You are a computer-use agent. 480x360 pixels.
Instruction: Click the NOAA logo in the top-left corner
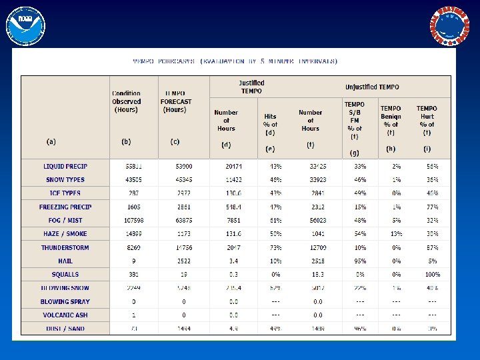(x=25, y=26)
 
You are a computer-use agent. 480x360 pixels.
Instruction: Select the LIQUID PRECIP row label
(x=65, y=166)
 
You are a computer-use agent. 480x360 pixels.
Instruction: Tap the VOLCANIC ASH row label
(x=65, y=315)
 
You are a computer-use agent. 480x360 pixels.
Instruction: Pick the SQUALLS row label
(x=65, y=274)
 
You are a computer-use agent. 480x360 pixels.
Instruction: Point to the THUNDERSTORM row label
(x=65, y=247)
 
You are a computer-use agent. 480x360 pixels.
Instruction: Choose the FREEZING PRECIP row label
(x=65, y=207)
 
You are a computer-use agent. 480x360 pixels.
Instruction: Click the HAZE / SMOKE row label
(x=65, y=233)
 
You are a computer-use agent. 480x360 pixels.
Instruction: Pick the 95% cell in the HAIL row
(x=360, y=261)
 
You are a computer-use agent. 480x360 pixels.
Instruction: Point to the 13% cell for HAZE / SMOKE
(x=396, y=233)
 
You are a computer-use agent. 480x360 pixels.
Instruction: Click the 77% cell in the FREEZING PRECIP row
(x=432, y=207)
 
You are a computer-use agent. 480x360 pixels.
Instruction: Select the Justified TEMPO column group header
(x=251, y=87)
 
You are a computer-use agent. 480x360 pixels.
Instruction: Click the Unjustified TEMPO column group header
(x=372, y=87)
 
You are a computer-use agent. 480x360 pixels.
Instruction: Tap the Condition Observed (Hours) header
(x=127, y=101)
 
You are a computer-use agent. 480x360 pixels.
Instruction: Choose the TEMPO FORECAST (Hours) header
(x=176, y=101)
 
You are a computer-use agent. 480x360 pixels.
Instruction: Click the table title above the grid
(x=235, y=61)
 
